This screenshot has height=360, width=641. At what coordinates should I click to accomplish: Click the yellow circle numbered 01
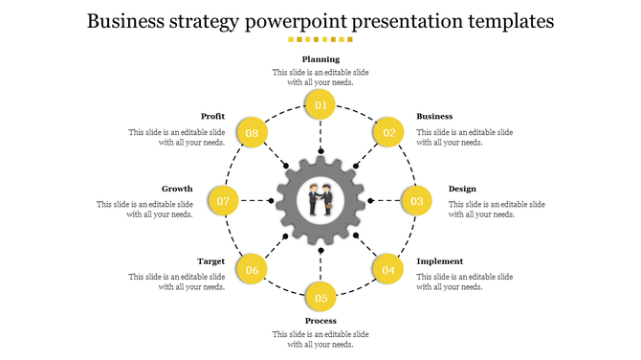pos(320,105)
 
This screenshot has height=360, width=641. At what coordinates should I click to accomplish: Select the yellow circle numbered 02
pos(387,133)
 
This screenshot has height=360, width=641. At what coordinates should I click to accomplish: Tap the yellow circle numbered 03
pos(416,201)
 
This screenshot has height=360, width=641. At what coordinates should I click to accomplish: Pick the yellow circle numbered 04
pos(387,269)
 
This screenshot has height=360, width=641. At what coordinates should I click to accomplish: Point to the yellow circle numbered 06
pos(252,269)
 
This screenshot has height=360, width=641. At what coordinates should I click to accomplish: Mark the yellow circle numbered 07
pos(224,201)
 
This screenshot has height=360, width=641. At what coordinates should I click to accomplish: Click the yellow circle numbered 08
pos(252,133)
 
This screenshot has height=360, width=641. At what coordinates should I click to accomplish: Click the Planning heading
pos(320,59)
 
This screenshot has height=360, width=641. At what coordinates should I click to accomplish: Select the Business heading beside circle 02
pos(434,117)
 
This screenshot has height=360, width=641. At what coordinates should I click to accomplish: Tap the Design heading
pos(462,189)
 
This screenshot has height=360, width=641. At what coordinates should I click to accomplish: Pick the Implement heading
pos(439,261)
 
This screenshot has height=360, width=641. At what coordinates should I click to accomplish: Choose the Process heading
pos(320,321)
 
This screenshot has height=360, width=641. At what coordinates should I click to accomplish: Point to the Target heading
pos(210,261)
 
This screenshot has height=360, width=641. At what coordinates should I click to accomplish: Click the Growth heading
pos(177,189)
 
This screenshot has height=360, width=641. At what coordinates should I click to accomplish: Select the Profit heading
pos(212,117)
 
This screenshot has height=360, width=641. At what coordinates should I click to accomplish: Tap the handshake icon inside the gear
pos(320,200)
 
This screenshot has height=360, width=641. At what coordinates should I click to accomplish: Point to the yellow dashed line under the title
pos(320,40)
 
